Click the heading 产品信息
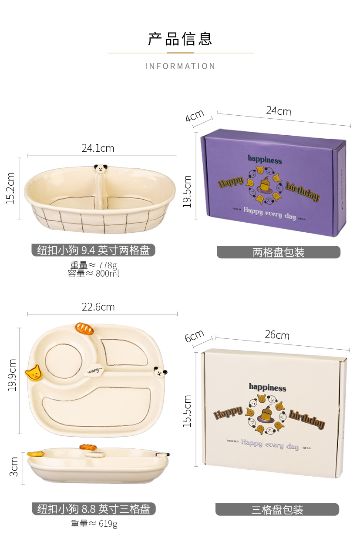point(180,39)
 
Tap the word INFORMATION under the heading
point(180,67)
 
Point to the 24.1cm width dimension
point(98,148)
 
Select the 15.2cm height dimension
point(10,188)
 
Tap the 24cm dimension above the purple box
point(279,111)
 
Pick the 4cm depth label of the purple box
point(195,116)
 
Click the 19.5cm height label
point(187,191)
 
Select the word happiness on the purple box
point(265,160)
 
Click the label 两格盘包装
point(278,252)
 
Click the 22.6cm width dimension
point(98,307)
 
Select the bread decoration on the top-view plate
point(84,328)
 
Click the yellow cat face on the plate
point(33,373)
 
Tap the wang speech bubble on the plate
point(94,371)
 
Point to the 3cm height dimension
point(14,466)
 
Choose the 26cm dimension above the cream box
point(277,335)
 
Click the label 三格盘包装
point(277,510)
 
